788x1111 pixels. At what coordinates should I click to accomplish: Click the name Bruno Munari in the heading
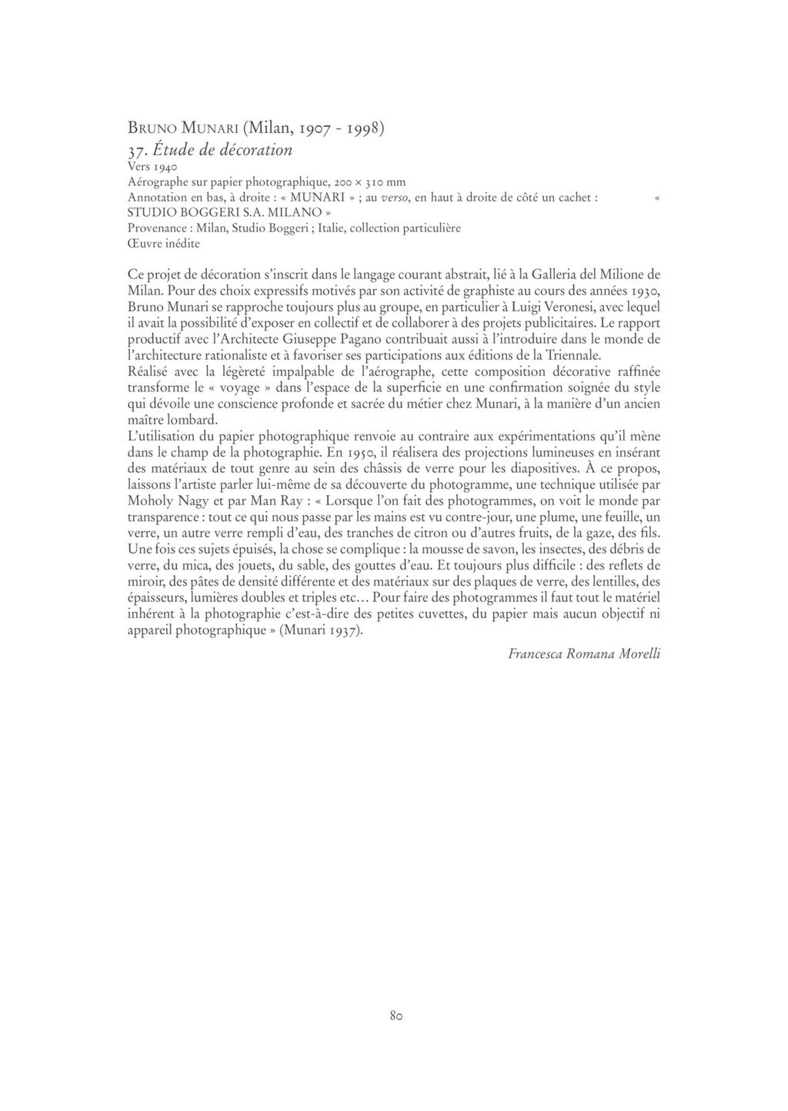(x=182, y=128)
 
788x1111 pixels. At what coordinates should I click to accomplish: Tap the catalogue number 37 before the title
(x=136, y=149)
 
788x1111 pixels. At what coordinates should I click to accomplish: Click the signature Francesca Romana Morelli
(x=584, y=654)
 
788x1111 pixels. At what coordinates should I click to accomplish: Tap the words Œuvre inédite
(x=163, y=243)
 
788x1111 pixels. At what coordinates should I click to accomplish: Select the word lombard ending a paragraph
(x=194, y=420)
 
